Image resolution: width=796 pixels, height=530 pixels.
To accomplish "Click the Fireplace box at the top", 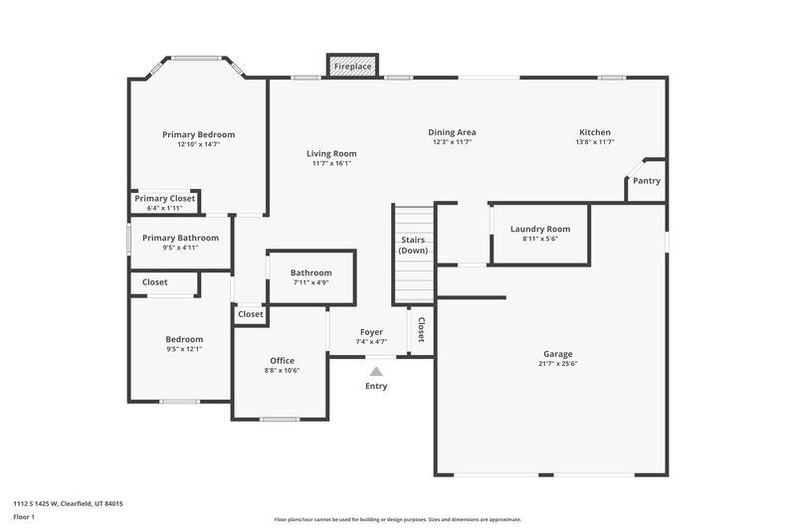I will [x=352, y=66].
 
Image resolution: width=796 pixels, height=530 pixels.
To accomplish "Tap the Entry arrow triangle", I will [x=376, y=372].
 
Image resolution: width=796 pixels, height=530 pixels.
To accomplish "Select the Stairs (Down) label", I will [x=413, y=245].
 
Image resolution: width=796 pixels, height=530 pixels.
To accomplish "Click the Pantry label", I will [x=646, y=181].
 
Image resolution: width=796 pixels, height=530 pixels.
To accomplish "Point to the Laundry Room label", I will [x=540, y=230].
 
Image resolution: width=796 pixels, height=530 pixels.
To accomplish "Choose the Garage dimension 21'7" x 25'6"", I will [x=557, y=364].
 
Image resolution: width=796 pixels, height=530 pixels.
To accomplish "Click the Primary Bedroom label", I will [x=199, y=134].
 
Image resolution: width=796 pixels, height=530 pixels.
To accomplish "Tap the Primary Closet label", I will [x=165, y=199].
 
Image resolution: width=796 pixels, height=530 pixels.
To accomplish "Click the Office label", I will [x=283, y=360].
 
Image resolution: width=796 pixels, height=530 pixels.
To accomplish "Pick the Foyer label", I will [x=371, y=332].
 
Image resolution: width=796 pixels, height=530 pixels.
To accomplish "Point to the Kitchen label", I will [x=595, y=132].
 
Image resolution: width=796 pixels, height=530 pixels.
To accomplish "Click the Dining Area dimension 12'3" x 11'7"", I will [x=452, y=142].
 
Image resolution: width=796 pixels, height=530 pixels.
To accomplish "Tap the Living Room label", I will [x=331, y=153].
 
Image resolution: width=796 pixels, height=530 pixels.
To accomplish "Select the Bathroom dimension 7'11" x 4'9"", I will [x=310, y=282].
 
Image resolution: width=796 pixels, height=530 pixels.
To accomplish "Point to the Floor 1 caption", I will [x=24, y=517].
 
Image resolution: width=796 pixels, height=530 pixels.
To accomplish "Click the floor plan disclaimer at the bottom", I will [x=397, y=519].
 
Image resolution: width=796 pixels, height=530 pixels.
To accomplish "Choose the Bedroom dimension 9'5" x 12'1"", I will [x=184, y=349].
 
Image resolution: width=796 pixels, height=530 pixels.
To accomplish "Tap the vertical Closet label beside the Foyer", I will [x=422, y=329].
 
